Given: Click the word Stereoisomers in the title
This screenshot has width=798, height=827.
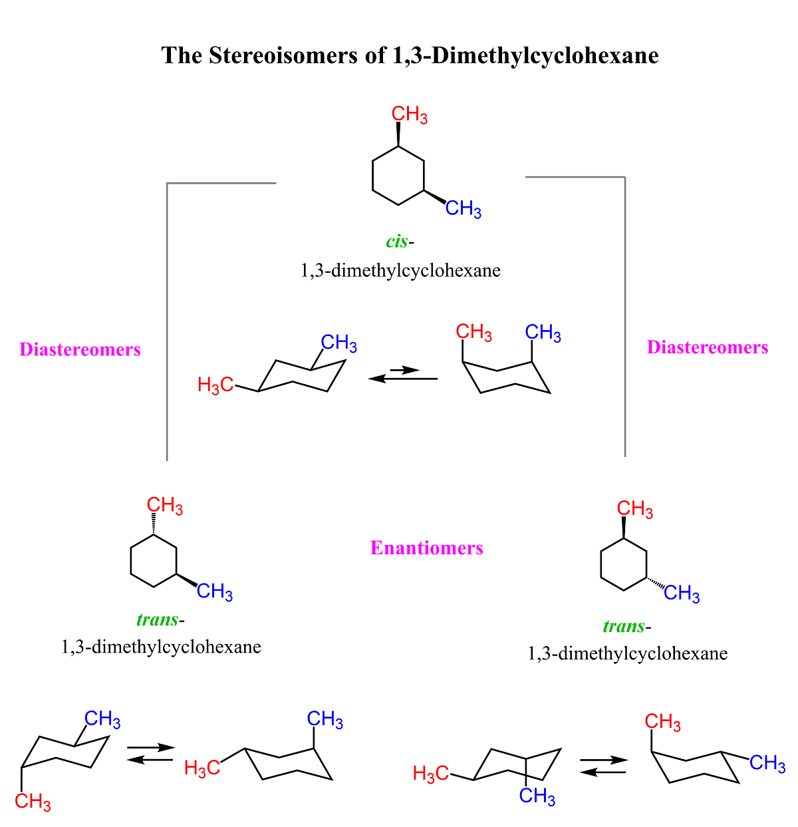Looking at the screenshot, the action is point(283,55).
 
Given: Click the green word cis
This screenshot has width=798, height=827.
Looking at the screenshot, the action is point(396,242).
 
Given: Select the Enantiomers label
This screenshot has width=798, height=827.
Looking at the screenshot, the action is point(426,548).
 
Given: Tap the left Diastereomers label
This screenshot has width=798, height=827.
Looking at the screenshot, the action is point(80,349).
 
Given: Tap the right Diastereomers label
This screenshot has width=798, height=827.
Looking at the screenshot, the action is point(707,347).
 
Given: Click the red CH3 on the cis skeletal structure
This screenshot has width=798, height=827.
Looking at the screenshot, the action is point(409,114).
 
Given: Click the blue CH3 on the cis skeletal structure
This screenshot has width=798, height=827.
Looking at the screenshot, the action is point(463,209).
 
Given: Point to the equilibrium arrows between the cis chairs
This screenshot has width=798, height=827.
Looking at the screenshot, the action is point(402,375).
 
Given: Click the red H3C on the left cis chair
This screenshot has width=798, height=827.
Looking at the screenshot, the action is point(215,385).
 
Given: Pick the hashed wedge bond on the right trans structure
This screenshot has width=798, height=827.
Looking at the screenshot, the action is point(655,583).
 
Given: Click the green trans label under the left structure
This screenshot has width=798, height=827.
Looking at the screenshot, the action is point(157,619).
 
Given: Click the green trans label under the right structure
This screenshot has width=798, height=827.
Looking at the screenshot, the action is point(624,626).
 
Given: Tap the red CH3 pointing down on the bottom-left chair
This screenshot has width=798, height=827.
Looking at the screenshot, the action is point(33,802).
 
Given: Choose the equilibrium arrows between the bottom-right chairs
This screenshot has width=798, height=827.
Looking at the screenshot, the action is point(604,766).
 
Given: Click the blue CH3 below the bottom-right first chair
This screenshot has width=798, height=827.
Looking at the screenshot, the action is point(537,796).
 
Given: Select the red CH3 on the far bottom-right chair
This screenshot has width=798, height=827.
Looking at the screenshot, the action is point(662,722).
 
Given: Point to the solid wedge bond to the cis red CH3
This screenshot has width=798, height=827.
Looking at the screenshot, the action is point(398,134).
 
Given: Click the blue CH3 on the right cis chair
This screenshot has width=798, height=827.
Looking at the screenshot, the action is point(543,332).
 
